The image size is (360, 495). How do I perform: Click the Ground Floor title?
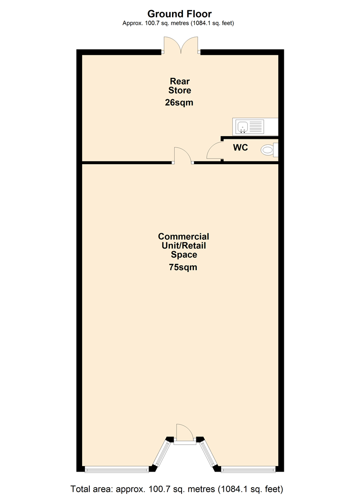click(179, 14)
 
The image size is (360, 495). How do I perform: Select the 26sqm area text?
click(179, 103)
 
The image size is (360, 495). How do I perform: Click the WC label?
click(241, 148)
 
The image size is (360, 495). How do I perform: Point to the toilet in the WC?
click(266, 150)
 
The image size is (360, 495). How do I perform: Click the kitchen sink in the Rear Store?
click(242, 126)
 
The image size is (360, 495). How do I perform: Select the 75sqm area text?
click(183, 267)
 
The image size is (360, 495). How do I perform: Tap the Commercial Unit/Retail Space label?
click(183, 245)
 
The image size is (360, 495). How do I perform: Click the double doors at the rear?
click(181, 46)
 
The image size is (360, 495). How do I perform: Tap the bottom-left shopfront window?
click(117, 469)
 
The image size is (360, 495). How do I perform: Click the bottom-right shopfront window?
click(248, 469)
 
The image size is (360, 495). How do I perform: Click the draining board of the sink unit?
click(257, 126)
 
